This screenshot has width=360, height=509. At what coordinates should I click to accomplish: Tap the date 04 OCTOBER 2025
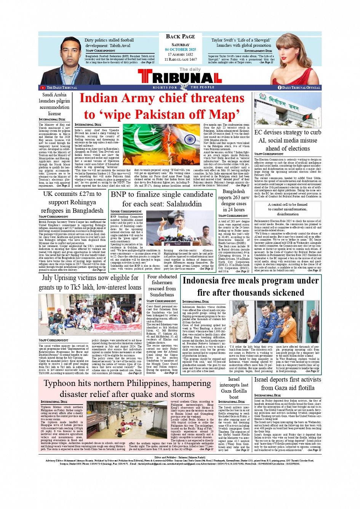click(x=180, y=50)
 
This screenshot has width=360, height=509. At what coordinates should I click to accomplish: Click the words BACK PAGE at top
click(x=180, y=37)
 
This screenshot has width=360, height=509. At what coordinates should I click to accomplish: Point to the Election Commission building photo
click(x=287, y=110)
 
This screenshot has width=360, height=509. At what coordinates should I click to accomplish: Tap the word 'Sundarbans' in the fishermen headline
click(x=162, y=295)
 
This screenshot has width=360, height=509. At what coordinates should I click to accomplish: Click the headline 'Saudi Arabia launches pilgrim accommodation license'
click(x=54, y=104)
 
